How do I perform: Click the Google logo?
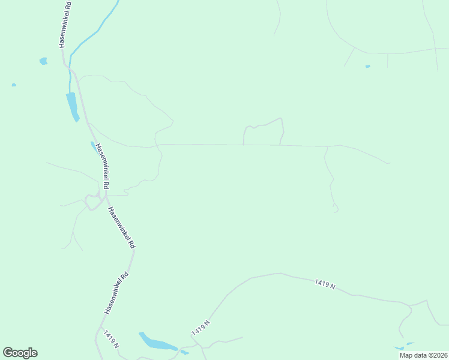(x=20, y=353)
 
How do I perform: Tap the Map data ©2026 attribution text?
(x=424, y=355)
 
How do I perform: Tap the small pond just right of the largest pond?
(x=184, y=352)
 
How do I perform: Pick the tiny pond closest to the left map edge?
(x=14, y=85)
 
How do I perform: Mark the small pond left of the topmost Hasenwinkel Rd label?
(x=43, y=61)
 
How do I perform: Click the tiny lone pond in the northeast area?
(x=367, y=66)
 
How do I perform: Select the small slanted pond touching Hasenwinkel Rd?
(x=94, y=146)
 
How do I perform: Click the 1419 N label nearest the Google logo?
(x=111, y=340)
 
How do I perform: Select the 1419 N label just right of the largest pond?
(x=201, y=328)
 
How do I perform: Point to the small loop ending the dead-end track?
(x=336, y=208)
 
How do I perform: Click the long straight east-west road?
(x=240, y=145)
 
